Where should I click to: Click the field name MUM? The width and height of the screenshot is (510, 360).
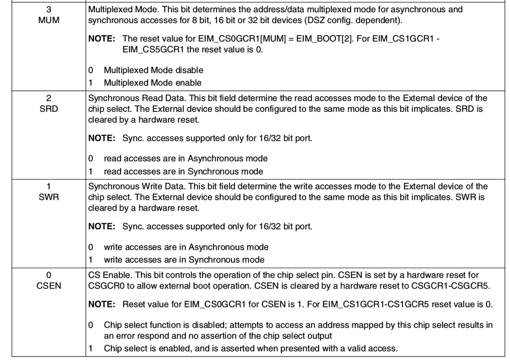pos(48,20)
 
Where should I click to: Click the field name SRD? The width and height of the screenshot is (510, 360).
pos(48,108)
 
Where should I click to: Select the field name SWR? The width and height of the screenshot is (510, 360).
pos(48,197)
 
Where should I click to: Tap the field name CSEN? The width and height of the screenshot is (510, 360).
pos(48,285)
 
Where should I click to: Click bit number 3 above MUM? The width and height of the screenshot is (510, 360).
pos(48,9)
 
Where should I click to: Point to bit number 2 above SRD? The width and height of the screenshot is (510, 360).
pos(48,98)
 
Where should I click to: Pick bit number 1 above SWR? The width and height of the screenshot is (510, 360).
pos(48,186)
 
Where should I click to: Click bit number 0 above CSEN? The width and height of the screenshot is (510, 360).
pos(48,275)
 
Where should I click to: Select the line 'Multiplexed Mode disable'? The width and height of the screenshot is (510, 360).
pos(153,70)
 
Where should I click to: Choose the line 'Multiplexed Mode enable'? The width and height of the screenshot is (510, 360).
pos(153,83)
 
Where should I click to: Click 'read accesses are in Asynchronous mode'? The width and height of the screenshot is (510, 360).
pos(185,158)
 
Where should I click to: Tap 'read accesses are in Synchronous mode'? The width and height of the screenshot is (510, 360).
pos(183,172)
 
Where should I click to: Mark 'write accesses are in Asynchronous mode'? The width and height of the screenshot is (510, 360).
pos(186,247)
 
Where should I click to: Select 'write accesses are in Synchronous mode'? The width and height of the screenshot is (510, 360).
pos(184,260)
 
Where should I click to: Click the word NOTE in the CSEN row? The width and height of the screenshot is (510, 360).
pos(101,304)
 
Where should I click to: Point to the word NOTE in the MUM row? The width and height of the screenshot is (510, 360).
pos(101,39)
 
